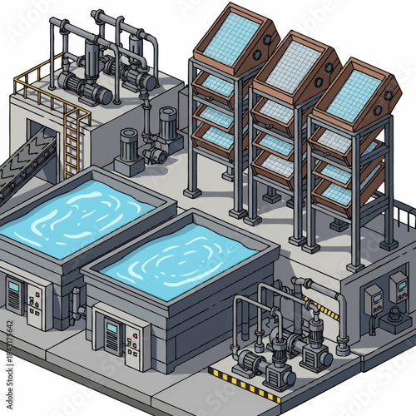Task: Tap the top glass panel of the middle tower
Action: pos(290,66)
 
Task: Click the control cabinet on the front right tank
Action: pos(112,337)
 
